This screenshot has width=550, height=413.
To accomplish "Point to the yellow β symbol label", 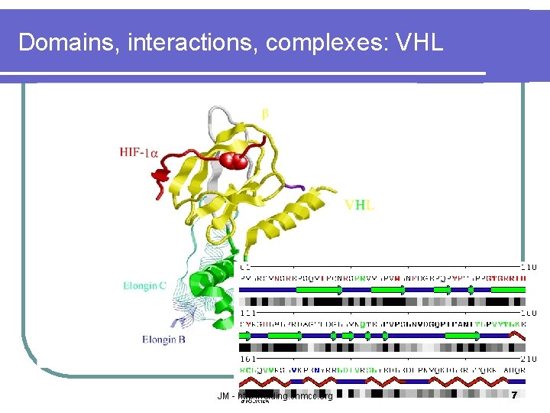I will coord(265,113).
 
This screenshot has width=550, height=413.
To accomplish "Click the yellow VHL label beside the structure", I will coord(359,205).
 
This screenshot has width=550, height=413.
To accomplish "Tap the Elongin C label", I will coord(144,286).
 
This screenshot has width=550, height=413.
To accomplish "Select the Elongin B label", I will coord(163,339).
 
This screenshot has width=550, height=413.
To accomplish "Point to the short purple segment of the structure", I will coord(294,186).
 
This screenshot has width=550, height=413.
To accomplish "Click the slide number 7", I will coord(514,395).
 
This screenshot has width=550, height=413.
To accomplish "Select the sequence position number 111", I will coord(248,313).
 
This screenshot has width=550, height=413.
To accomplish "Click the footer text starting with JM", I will coord(275,396).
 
